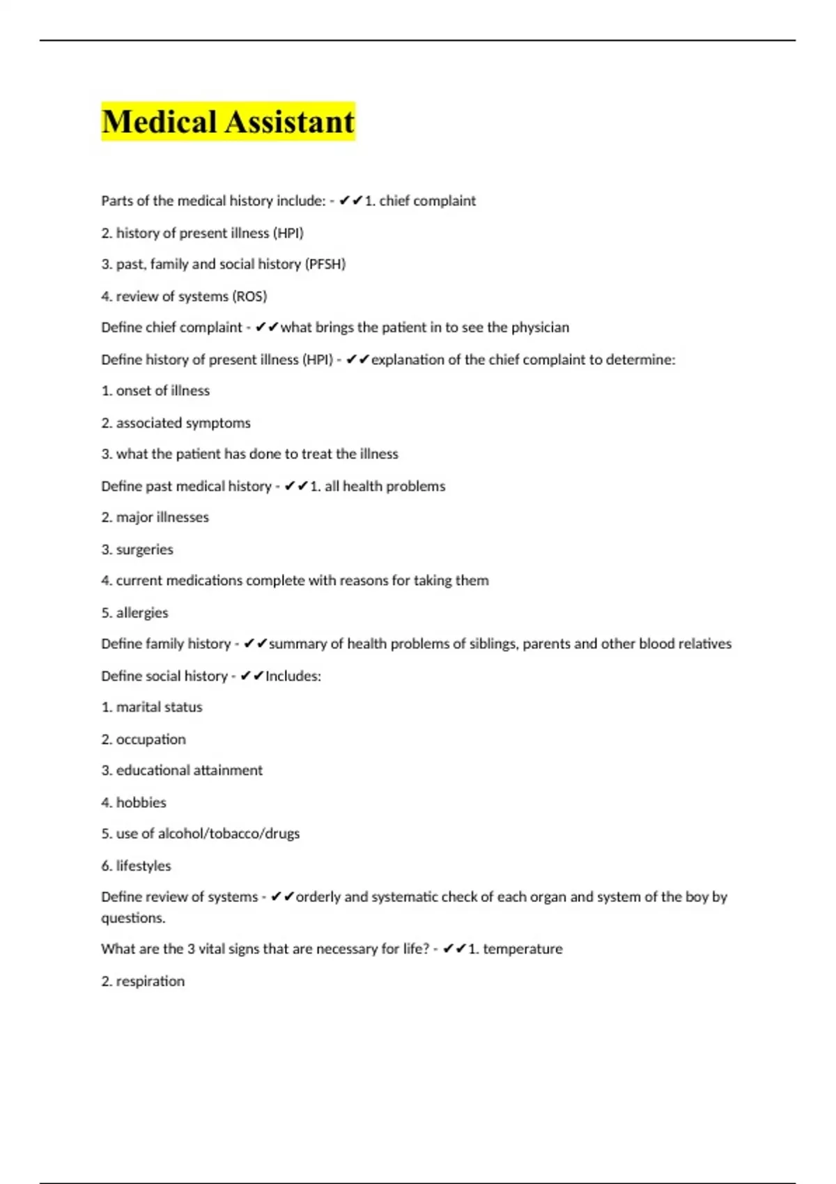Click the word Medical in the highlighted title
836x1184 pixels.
[159, 122]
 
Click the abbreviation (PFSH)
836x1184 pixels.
[325, 264]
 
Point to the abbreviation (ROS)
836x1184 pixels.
[249, 296]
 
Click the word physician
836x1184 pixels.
[540, 327]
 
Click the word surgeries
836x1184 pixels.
[144, 550]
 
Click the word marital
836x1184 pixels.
[138, 707]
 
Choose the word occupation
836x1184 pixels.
[150, 739]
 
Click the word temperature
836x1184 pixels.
[522, 949]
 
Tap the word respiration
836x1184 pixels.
[150, 981]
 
